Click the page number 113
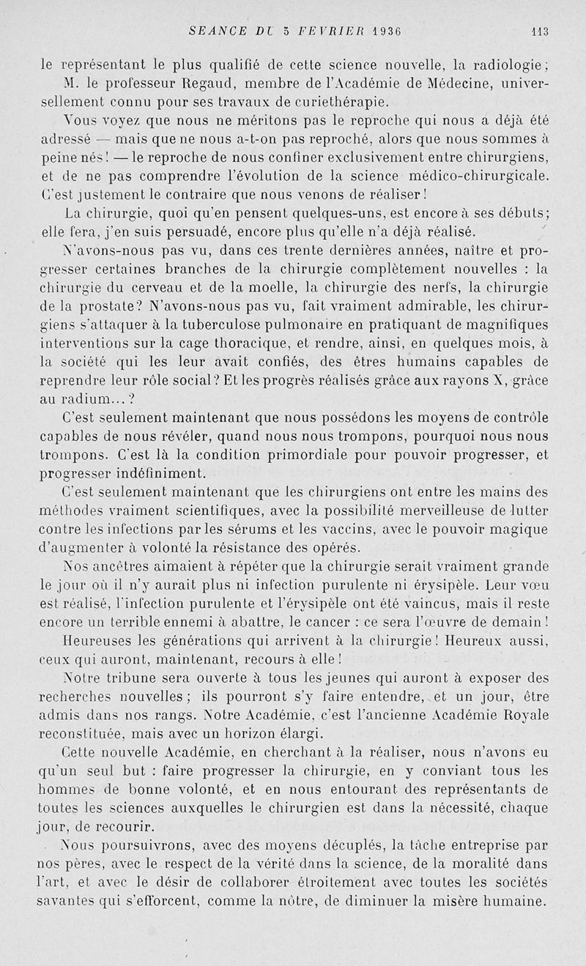pos(541,31)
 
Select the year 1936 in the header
pos(390,31)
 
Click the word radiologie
pos(508,63)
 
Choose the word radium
pos(86,400)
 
